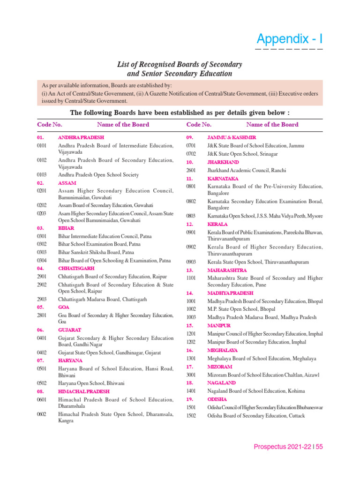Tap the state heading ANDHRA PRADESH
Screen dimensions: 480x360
pos(81,138)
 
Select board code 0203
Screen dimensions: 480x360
pos(42,213)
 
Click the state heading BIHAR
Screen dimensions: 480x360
pos(66,228)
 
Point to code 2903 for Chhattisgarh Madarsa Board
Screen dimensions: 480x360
pos(42,299)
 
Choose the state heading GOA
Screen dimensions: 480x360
pos(63,307)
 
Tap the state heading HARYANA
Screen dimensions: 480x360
pos(70,360)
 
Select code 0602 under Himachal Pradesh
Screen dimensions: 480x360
pos(42,414)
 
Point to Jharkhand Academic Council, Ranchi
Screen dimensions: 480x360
pos(247,171)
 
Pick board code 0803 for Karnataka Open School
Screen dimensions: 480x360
pos(191,216)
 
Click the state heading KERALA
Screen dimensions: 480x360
pos(217,224)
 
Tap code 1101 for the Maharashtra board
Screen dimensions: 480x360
pos(191,278)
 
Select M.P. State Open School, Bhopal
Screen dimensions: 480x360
pos(241,309)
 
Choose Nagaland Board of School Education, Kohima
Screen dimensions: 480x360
pos(256,391)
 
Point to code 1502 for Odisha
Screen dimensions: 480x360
pos(191,416)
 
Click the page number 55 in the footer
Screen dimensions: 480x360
pos(319,447)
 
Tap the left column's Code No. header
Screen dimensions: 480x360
pos(49,125)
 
